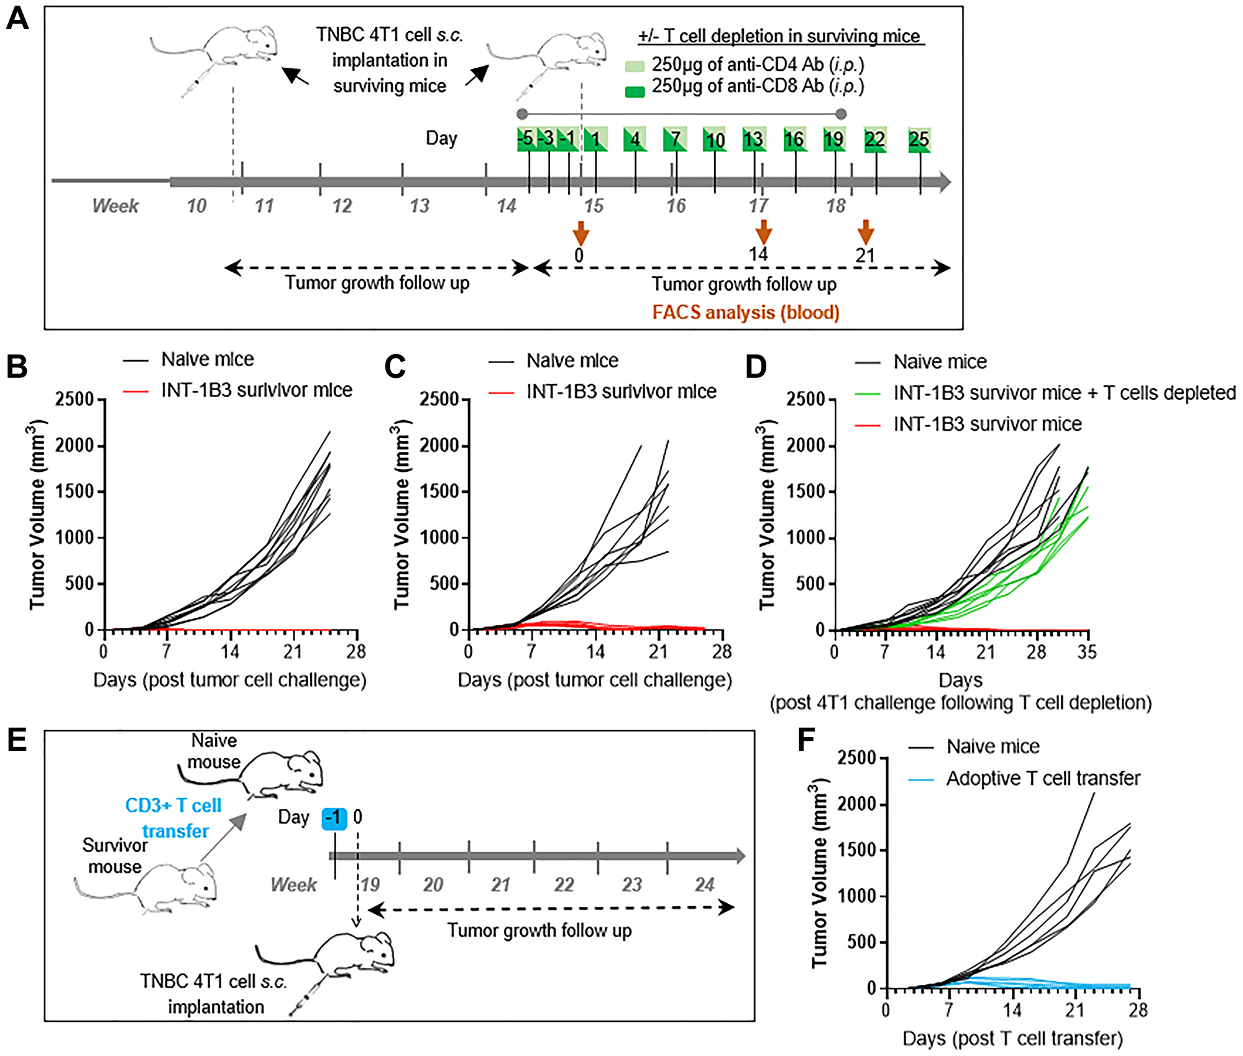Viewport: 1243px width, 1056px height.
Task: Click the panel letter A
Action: pos(17,19)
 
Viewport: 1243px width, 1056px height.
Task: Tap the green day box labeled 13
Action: pos(754,139)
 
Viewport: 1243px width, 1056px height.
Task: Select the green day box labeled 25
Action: pos(919,139)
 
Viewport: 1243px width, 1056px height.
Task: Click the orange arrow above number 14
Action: pos(763,232)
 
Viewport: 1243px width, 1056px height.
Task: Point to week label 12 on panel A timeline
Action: pos(342,206)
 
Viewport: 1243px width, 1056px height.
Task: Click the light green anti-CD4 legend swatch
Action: pos(635,66)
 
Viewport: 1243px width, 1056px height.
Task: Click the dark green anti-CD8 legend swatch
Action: pos(635,92)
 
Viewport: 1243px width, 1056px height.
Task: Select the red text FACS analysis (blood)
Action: pos(745,312)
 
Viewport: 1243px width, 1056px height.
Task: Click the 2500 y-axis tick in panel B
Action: pos(75,399)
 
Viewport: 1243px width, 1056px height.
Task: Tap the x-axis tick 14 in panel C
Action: pos(595,651)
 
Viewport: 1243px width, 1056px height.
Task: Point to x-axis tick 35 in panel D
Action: pos(1087,652)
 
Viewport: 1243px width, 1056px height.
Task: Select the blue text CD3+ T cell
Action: pos(173,806)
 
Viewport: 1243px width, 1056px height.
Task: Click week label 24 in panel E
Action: pos(704,884)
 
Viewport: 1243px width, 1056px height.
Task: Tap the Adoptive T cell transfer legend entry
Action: pos(1043,778)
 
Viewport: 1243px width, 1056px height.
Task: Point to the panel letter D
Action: pos(756,367)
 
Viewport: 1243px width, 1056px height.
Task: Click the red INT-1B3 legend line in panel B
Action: pos(135,391)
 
